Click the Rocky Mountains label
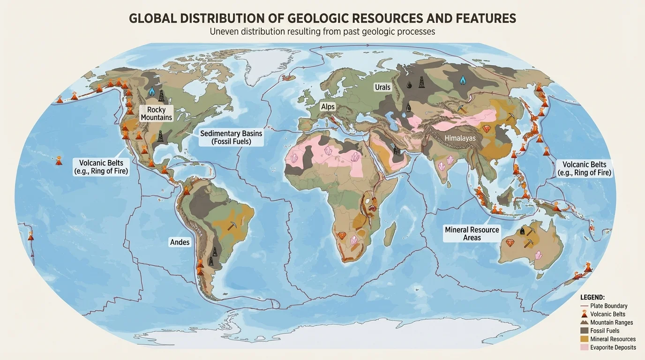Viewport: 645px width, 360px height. (x=157, y=113)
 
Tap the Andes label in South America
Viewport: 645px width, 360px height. (x=180, y=242)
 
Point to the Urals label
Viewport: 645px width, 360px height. (x=382, y=87)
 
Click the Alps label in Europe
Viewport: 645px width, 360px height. (x=328, y=107)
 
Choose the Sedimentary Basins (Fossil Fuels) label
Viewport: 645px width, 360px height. (x=231, y=137)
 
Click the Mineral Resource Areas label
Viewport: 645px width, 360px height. (x=472, y=233)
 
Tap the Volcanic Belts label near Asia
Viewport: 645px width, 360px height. (x=584, y=168)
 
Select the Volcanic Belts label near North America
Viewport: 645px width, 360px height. (x=101, y=167)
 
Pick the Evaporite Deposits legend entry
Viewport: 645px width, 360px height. (x=613, y=347)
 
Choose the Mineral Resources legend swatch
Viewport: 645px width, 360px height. (x=584, y=339)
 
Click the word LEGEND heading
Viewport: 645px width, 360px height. (x=592, y=297)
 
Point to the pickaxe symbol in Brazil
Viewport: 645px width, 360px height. (x=232, y=225)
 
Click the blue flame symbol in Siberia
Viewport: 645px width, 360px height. (x=463, y=80)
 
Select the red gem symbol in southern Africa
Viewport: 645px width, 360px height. (x=341, y=235)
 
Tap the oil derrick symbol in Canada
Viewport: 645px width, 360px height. (x=162, y=95)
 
